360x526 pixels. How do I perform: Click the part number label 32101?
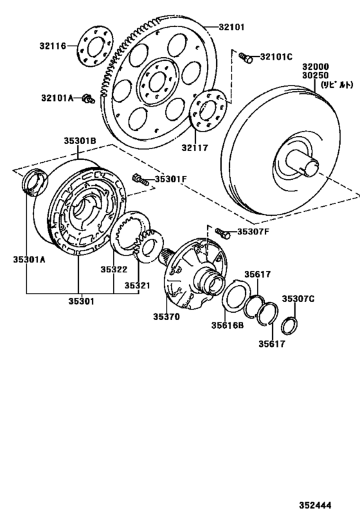(231, 27)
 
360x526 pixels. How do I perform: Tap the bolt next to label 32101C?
(246, 58)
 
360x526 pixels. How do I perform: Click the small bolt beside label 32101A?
(89, 99)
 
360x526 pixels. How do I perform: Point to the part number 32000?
(317, 66)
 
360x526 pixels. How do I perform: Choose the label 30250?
(317, 75)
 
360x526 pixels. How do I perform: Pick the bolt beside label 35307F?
(222, 232)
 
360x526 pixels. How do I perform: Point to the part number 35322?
(113, 270)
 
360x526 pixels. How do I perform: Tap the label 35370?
(168, 316)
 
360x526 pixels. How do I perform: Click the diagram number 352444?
(314, 505)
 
